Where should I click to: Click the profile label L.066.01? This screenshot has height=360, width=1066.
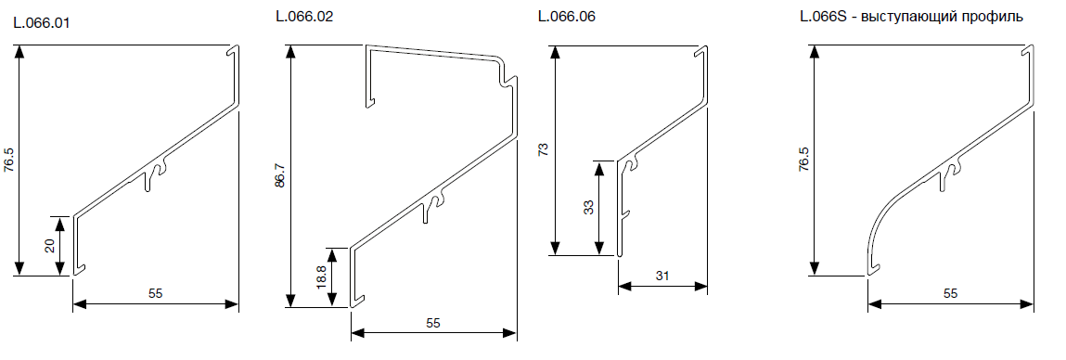(42, 23)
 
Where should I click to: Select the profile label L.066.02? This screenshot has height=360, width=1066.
(304, 17)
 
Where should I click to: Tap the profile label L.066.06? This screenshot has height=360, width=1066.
(566, 17)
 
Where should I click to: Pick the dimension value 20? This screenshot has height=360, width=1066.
(50, 246)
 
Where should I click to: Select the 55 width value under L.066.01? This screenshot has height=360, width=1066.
(156, 293)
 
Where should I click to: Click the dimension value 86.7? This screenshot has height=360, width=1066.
(279, 175)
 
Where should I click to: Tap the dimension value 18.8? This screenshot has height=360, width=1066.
(321, 277)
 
